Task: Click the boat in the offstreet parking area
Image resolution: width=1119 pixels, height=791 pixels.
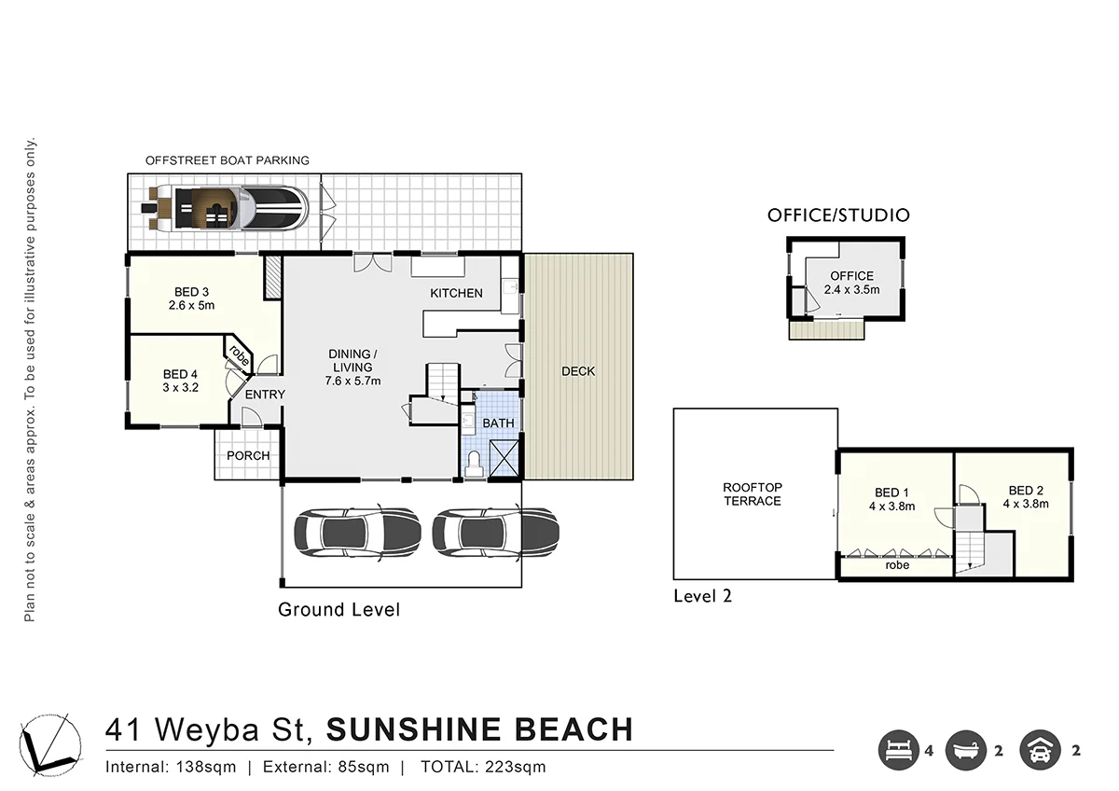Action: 228,209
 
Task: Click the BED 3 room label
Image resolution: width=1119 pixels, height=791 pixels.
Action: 192,297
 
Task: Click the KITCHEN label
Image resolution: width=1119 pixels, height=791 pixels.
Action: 456,293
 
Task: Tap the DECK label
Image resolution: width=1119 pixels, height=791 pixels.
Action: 578,371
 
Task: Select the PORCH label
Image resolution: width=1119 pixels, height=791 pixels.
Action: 248,455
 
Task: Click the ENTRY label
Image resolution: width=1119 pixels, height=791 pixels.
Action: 265,395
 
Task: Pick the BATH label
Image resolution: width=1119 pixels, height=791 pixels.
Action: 498,423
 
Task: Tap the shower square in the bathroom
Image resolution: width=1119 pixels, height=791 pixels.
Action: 504,460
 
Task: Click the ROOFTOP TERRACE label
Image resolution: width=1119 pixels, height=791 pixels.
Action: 753,494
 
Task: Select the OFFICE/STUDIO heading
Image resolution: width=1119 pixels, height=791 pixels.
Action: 838,215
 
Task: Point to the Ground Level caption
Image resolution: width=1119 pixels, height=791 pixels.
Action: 338,610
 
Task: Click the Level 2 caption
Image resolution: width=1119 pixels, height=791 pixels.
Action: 702,596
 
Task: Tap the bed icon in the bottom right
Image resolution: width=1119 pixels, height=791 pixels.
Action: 897,750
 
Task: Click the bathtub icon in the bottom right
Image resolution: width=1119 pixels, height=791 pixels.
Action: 965,750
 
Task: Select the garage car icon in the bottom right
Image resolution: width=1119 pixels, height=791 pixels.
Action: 1039,750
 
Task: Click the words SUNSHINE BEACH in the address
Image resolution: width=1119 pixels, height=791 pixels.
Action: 479,729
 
